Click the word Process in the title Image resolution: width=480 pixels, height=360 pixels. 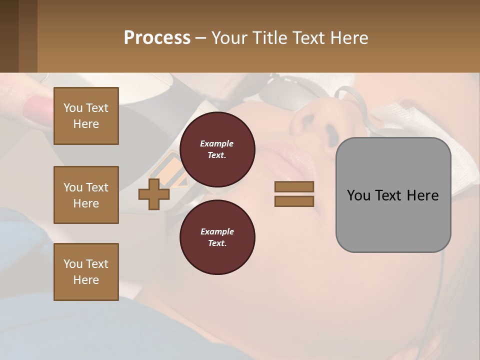pos(157,38)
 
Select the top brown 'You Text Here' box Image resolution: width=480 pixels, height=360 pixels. pos(86,116)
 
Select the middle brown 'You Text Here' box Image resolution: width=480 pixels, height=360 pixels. pos(86,195)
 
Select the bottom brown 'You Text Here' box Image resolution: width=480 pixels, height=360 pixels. pos(86,272)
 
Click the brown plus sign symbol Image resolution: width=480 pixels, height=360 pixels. pos(154,194)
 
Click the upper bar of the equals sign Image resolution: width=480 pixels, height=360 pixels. pos(294,186)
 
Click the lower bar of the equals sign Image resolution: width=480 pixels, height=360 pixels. pos(294,201)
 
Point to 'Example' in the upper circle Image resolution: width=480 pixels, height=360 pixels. pos(217,143)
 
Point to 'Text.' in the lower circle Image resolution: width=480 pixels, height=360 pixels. pos(217,243)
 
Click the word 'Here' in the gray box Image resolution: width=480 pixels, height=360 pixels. pos(422,195)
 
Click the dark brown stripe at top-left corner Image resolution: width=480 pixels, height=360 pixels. pos(9,36)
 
